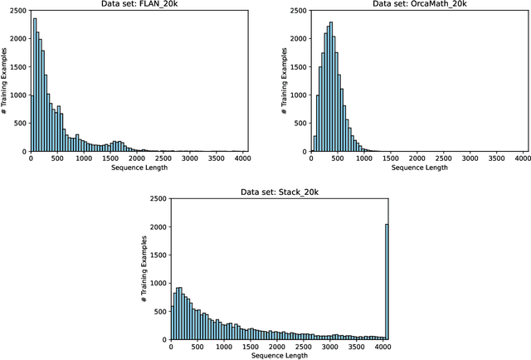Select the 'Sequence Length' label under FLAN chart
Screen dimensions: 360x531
click(137, 168)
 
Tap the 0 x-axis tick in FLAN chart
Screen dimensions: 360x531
click(29, 158)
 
